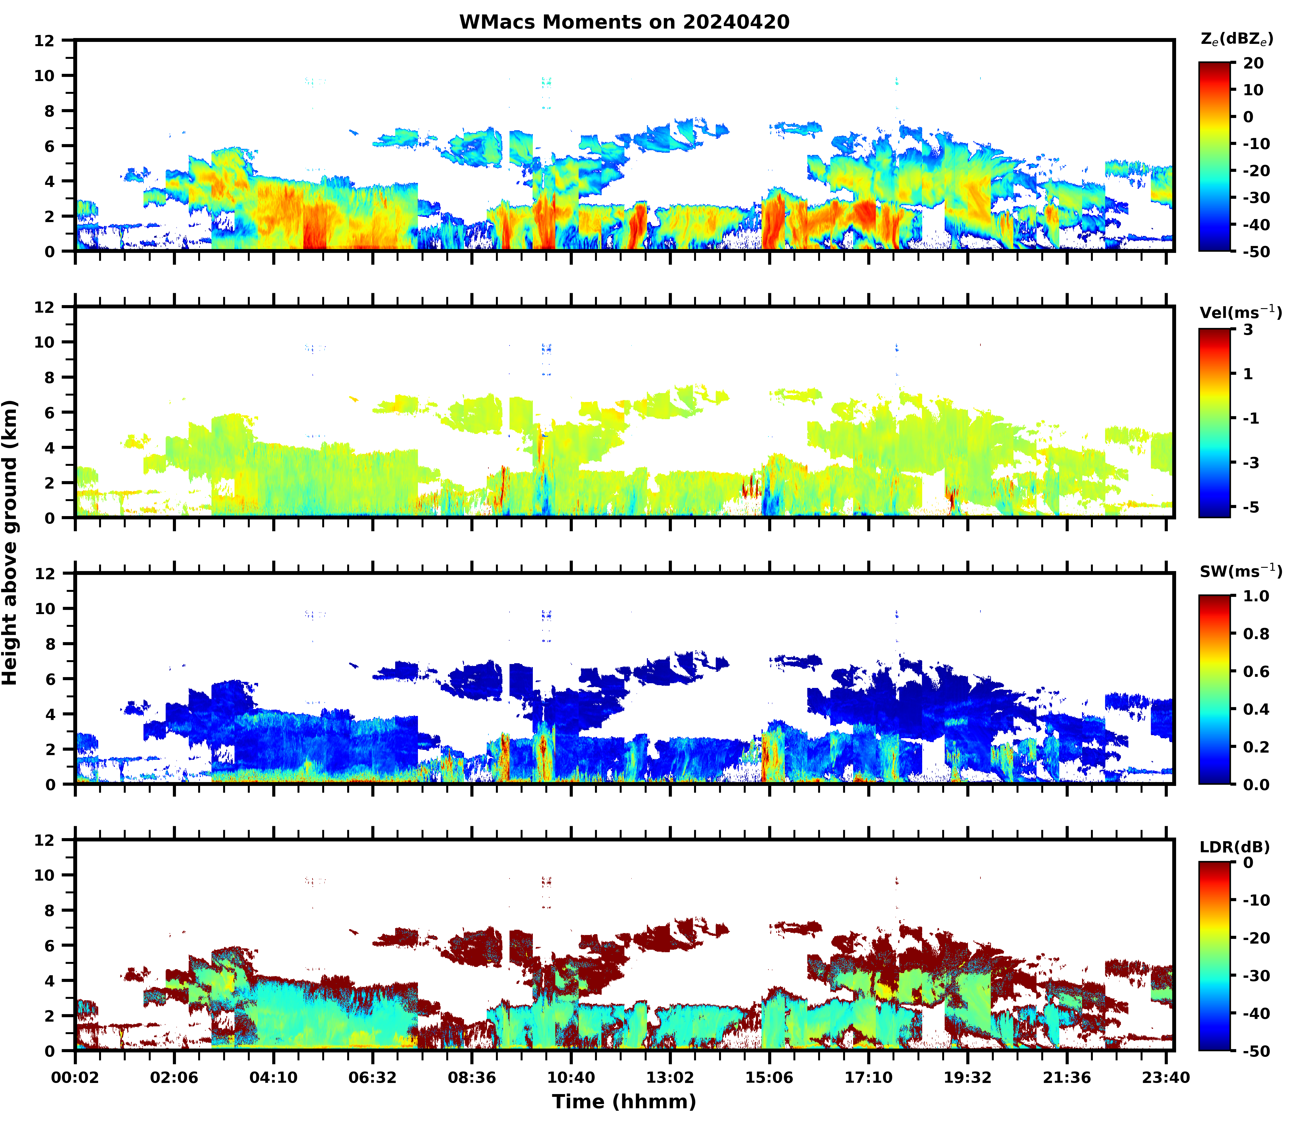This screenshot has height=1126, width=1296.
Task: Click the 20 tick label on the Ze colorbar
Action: (x=1253, y=64)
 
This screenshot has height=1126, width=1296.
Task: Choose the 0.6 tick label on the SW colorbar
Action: (x=1256, y=672)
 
